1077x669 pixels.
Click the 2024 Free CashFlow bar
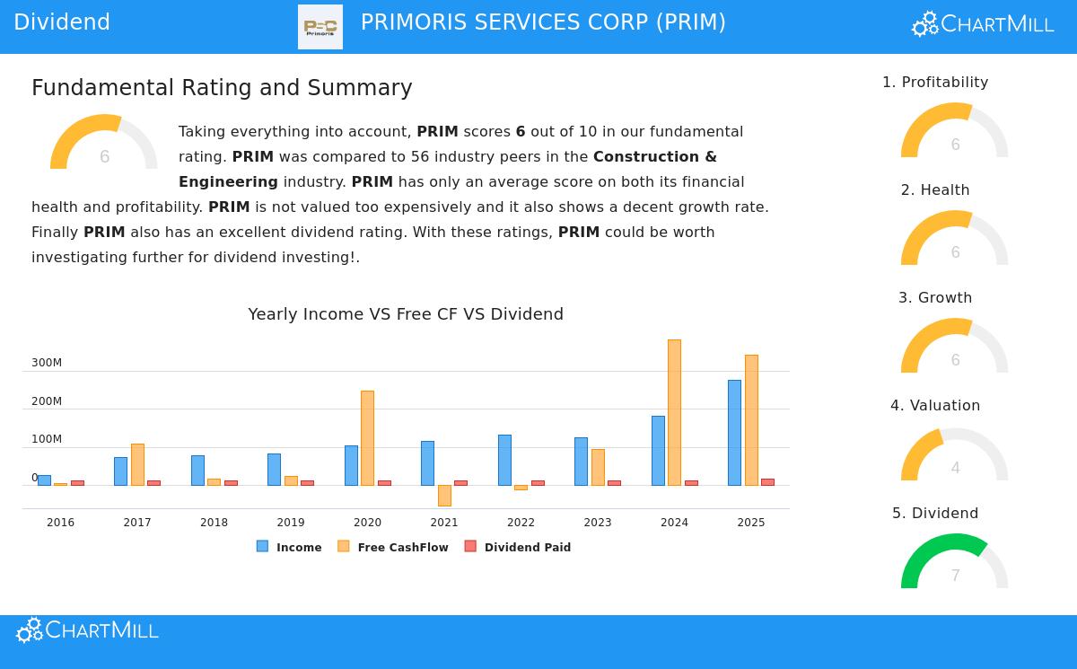(674, 412)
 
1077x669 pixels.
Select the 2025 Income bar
(734, 433)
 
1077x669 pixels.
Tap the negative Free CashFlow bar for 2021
(444, 496)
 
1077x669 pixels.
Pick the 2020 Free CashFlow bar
(367, 438)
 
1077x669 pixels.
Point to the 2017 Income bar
(120, 471)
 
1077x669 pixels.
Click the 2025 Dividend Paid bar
(767, 482)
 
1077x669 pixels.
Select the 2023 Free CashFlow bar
(598, 467)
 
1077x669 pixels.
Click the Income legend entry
(289, 547)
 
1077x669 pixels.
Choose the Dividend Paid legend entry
(518, 547)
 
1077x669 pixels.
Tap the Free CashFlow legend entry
(393, 547)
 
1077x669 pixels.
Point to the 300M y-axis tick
(47, 363)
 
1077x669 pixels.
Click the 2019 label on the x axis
(291, 523)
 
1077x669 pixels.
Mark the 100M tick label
(47, 439)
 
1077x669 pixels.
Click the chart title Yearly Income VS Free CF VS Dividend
(406, 314)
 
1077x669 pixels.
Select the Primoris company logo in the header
(320, 27)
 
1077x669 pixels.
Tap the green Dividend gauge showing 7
(955, 561)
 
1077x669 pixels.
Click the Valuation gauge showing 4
(955, 454)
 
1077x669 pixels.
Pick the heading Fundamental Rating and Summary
(222, 88)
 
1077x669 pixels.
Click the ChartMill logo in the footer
(87, 630)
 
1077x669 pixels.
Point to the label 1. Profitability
(935, 83)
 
